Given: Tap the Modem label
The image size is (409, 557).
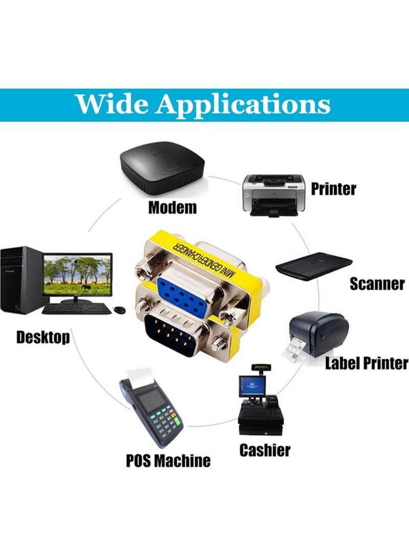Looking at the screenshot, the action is [x=172, y=207].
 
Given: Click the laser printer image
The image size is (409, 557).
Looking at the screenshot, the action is [x=274, y=195].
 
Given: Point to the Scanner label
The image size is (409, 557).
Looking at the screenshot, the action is [x=377, y=284].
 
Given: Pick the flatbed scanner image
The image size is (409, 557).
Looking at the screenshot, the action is [x=314, y=266].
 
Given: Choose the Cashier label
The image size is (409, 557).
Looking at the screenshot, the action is [x=265, y=450].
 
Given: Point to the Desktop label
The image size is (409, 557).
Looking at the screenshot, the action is [x=43, y=337].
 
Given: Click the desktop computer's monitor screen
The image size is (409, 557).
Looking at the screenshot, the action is [x=77, y=275].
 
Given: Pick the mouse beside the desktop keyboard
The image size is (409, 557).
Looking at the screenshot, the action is [x=120, y=310].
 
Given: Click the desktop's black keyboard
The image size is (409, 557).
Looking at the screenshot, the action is [x=77, y=309].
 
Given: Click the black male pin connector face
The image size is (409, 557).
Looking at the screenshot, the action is [x=171, y=335].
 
